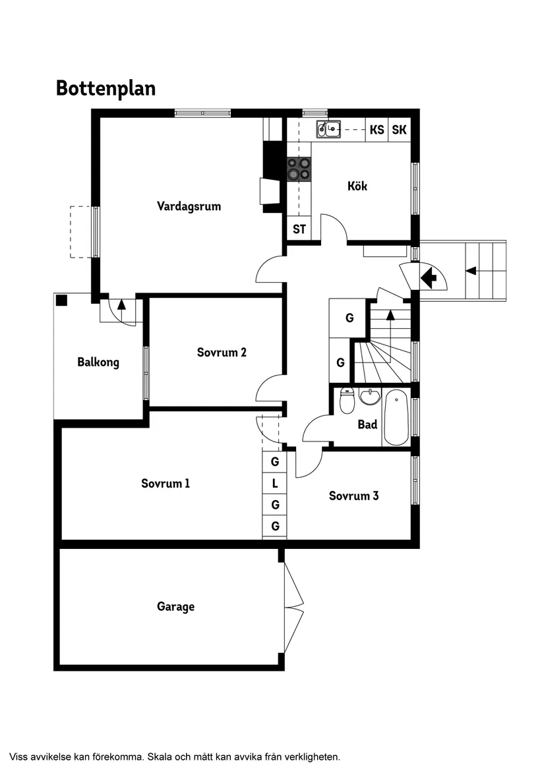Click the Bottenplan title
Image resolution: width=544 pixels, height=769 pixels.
pyautogui.click(x=106, y=88)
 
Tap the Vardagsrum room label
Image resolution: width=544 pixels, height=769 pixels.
pyautogui.click(x=189, y=206)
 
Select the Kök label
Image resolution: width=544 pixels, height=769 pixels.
pyautogui.click(x=357, y=186)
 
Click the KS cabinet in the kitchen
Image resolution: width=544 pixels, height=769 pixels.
pyautogui.click(x=377, y=130)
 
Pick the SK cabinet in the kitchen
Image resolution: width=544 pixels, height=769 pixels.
pyautogui.click(x=399, y=130)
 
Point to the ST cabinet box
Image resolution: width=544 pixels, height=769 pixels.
pyautogui.click(x=299, y=229)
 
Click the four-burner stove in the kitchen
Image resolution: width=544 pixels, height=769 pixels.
pyautogui.click(x=298, y=169)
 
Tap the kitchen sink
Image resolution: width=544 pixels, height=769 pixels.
pyautogui.click(x=328, y=129)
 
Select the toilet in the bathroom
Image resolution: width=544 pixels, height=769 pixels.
pyautogui.click(x=347, y=401)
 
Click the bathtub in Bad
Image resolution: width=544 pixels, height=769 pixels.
pyautogui.click(x=396, y=417)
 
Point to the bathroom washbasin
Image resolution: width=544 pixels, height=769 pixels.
pyautogui.click(x=370, y=397)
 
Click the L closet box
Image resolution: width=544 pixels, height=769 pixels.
pyautogui.click(x=275, y=484)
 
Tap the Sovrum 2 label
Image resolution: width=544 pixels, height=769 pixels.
pyautogui.click(x=222, y=353)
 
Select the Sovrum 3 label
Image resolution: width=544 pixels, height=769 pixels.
pyautogui.click(x=353, y=496)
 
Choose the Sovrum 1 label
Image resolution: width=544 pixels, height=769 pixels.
pyautogui.click(x=166, y=484)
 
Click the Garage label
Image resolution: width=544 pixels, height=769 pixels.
pyautogui.click(x=175, y=607)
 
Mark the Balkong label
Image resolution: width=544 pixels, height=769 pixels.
pyautogui.click(x=98, y=362)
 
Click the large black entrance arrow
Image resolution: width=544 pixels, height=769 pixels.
pyautogui.click(x=429, y=277)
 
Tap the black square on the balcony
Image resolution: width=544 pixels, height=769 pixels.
pyautogui.click(x=61, y=301)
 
